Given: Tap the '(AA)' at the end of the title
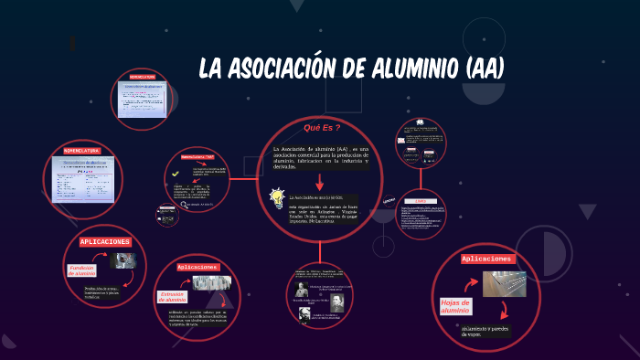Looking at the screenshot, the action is tap(485, 69).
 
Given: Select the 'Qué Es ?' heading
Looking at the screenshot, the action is tap(322, 128).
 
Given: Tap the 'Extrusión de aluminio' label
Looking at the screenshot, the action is tap(173, 296).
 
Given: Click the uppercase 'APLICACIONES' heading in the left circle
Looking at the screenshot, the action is tap(106, 241).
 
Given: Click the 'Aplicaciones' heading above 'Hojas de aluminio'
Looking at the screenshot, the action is tap(488, 259).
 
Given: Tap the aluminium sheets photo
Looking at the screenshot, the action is tap(505, 284).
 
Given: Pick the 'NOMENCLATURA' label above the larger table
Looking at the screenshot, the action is tap(80, 149).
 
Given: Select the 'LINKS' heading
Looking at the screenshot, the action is tap(421, 201).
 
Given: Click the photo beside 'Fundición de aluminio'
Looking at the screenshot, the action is tap(123, 261).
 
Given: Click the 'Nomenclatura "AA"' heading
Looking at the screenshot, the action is tap(191, 156).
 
